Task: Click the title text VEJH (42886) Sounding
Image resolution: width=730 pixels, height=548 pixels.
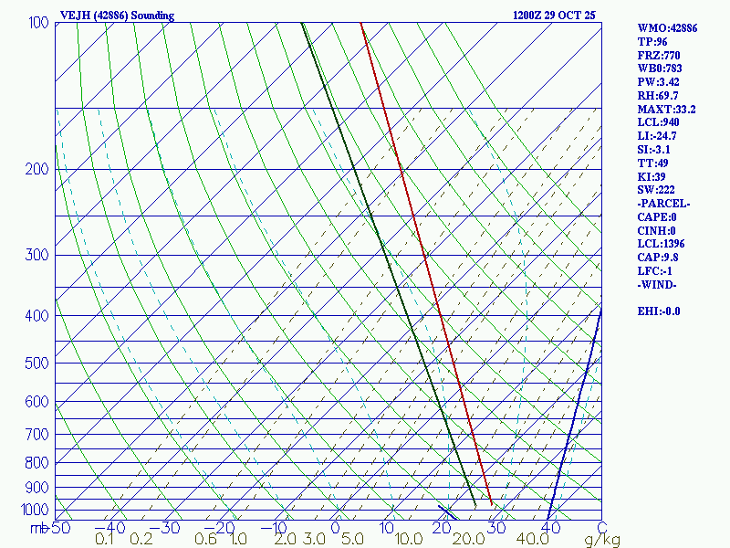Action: point(116,16)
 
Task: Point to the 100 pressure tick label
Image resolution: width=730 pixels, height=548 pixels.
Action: point(38,22)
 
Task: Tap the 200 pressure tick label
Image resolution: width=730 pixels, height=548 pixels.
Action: point(38,169)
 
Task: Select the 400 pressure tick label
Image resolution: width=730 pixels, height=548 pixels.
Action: point(38,316)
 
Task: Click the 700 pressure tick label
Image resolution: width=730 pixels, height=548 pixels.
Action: point(38,435)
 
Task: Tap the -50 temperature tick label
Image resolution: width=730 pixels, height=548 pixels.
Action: point(60,527)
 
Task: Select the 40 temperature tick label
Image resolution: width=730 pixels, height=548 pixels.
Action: point(549,527)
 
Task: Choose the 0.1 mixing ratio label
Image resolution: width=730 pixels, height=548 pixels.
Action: point(105,540)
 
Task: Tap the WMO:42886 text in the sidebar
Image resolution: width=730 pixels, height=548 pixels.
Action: point(667,29)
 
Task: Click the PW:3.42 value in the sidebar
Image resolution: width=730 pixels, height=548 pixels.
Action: point(658,82)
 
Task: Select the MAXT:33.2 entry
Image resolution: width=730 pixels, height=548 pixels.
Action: point(666,110)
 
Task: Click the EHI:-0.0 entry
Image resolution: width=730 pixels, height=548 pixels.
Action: point(659,311)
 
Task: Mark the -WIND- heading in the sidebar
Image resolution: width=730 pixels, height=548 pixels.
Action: point(657,285)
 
